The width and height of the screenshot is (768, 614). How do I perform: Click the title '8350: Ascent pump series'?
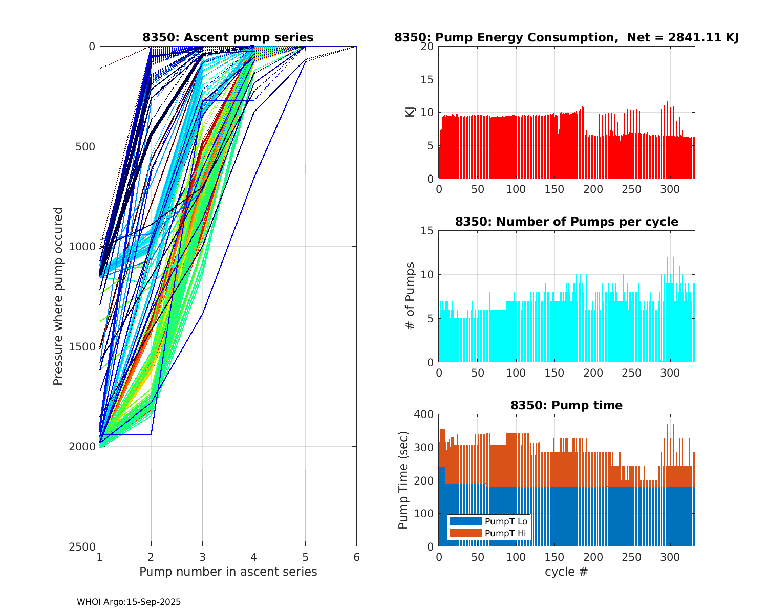point(228,37)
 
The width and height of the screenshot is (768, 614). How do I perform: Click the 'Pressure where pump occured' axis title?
point(58,296)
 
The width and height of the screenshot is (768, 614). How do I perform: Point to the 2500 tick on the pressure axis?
point(84,546)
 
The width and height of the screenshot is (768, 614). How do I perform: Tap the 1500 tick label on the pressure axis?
point(84,346)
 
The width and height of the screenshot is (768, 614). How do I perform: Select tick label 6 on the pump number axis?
point(356,557)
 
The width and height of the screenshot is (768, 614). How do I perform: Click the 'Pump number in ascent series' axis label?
point(228,572)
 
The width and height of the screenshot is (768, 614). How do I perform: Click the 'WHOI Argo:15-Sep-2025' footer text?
point(129,602)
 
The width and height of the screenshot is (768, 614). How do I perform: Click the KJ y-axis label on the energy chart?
point(410,112)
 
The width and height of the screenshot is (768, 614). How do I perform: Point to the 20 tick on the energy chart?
point(428,47)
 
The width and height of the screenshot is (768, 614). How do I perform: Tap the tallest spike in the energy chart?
point(655,67)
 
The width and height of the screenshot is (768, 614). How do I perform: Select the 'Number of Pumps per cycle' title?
point(566,222)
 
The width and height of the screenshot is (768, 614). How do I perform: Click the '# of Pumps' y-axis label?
point(410,296)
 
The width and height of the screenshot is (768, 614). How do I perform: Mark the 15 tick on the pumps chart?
point(428,231)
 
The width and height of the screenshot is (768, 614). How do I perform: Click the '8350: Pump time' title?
point(566,405)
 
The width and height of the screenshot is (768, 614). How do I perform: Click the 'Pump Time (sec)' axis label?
point(403,480)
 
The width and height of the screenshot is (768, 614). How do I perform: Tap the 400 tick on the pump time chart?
point(425,414)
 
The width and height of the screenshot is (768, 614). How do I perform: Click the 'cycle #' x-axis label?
point(566,572)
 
